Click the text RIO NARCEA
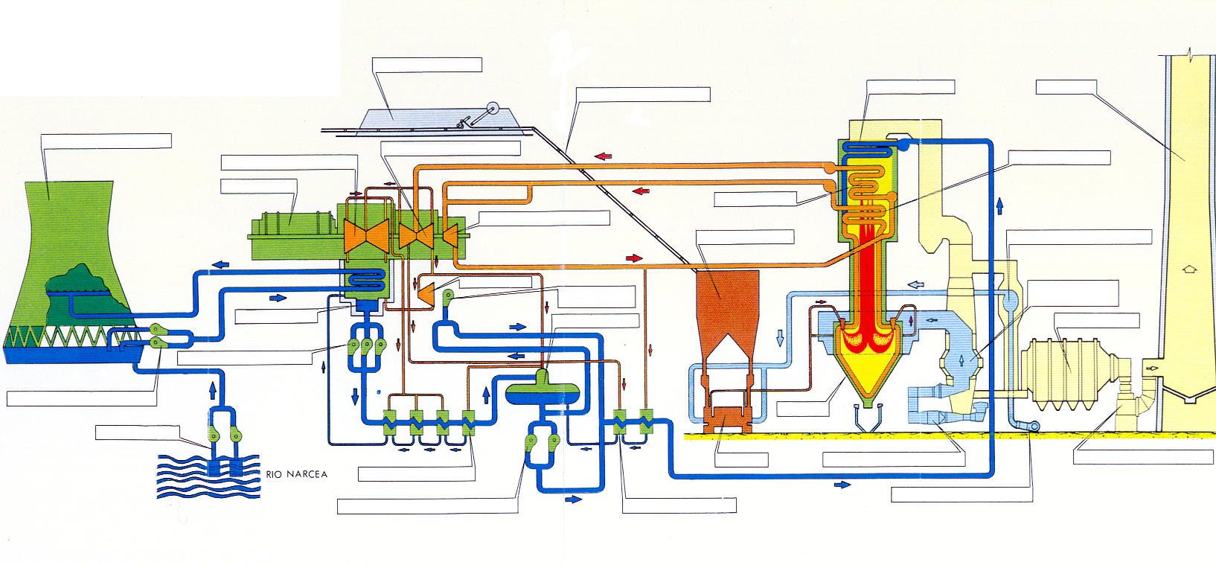[296, 474]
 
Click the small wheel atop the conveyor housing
[493, 109]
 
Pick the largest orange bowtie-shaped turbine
[367, 236]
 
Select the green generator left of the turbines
[293, 234]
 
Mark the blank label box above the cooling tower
[106, 141]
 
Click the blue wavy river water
[208, 477]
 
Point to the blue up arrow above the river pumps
[213, 389]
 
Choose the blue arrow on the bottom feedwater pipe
[842, 484]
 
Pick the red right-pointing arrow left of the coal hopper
[634, 258]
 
